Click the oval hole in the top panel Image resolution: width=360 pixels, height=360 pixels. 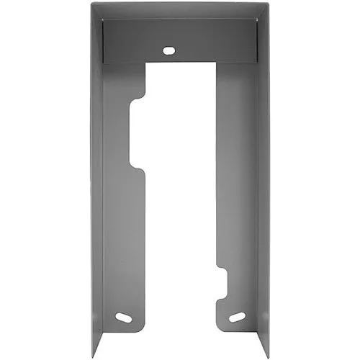tap(169, 50)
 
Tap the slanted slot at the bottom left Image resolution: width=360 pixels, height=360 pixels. tap(123, 317)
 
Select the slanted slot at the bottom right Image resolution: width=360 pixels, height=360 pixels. tap(237, 317)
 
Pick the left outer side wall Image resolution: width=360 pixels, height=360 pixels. tap(96, 180)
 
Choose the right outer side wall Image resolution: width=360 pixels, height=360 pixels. tap(264, 180)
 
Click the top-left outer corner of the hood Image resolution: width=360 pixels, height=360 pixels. tap(92, 4)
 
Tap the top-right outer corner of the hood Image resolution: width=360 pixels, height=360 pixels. tap(268, 4)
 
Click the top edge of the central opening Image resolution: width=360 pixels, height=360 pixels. tap(180, 63)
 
